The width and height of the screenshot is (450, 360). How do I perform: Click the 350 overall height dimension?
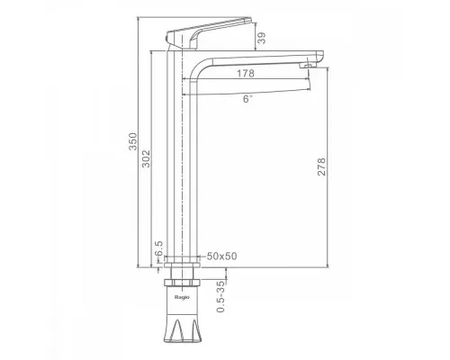point(132,141)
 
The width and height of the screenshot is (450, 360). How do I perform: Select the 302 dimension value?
point(146,158)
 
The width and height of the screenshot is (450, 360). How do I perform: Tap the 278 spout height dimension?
point(321,166)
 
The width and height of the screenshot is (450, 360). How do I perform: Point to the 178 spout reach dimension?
point(246,73)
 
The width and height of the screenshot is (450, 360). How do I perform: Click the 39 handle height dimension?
point(262,38)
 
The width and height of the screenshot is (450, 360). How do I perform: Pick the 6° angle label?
point(247,99)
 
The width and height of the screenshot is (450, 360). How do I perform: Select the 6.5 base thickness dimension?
point(158,248)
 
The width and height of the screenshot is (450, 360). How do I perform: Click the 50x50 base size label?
point(222,256)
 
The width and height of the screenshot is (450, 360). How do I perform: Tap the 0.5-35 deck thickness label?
point(220,296)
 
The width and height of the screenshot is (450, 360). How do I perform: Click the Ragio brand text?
point(182,297)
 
